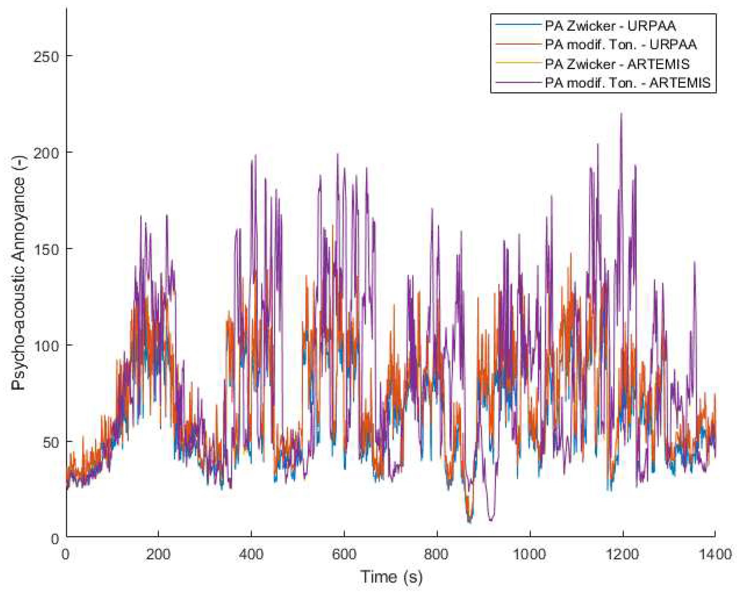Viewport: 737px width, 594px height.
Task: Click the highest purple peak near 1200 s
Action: pos(621,114)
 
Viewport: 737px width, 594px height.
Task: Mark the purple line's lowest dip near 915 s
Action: pos(491,520)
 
